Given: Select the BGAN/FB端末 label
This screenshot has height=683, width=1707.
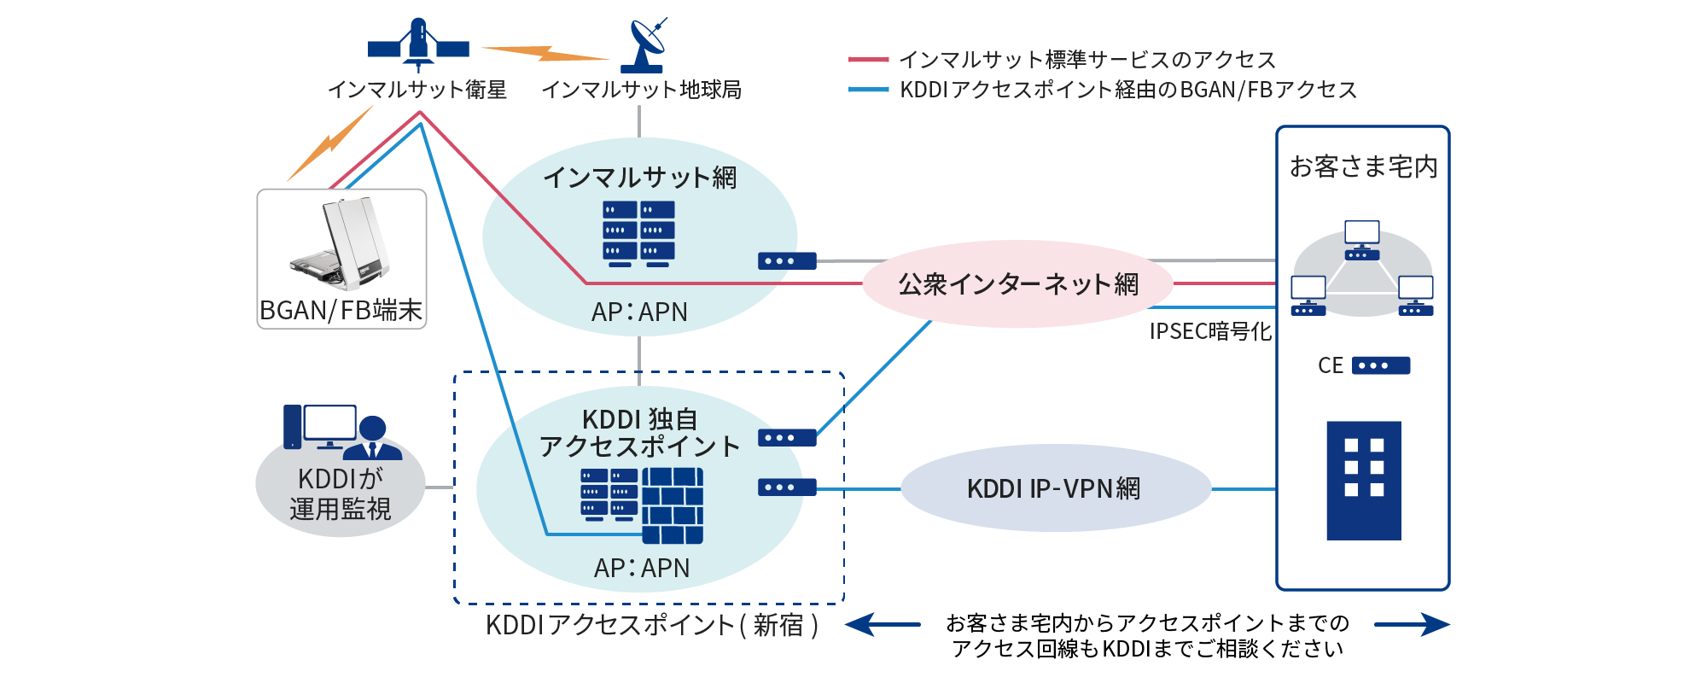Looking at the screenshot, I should pyautogui.click(x=341, y=310).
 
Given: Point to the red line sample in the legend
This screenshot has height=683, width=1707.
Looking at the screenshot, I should pyautogui.click(x=868, y=60).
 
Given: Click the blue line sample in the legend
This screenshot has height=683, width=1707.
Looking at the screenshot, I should pyautogui.click(x=868, y=90).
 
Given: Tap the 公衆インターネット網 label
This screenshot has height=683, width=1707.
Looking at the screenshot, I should pyautogui.click(x=1017, y=283).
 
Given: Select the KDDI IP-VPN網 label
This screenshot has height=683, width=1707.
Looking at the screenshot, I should pyautogui.click(x=1053, y=488).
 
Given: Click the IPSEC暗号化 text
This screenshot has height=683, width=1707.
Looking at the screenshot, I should pyautogui.click(x=1209, y=331).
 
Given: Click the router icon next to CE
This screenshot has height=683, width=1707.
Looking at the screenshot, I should pyautogui.click(x=1381, y=365).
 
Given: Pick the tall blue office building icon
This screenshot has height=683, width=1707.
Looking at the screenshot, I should pyautogui.click(x=1364, y=480).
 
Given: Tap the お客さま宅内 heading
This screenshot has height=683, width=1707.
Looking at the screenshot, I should pyautogui.click(x=1363, y=166).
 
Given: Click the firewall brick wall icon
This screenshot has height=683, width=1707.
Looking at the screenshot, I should pyautogui.click(x=673, y=505).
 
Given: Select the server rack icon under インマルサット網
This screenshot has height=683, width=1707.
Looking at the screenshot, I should pyautogui.click(x=638, y=233).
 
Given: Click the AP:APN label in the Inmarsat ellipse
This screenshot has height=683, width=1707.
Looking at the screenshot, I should pyautogui.click(x=639, y=312).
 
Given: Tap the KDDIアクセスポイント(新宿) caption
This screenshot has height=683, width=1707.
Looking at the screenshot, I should pyautogui.click(x=652, y=625).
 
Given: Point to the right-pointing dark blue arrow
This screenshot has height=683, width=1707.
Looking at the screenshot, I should pyautogui.click(x=1412, y=625).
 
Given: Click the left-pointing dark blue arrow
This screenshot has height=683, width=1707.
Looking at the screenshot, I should pyautogui.click(x=883, y=625).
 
